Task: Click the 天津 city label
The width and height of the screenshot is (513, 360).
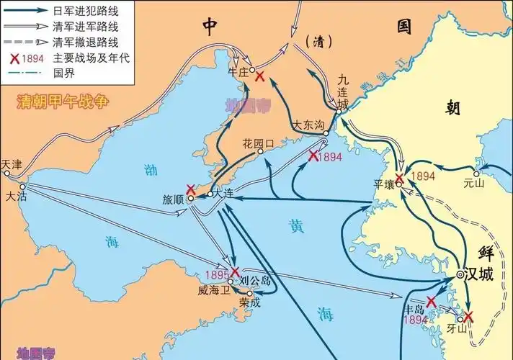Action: [12, 165]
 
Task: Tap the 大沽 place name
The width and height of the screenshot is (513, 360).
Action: [15, 195]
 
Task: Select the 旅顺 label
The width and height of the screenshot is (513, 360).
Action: [174, 199]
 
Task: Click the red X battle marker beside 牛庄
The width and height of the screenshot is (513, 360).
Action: [259, 76]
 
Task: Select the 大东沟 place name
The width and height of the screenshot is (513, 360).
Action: [308, 125]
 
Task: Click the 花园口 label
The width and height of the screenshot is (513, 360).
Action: [258, 143]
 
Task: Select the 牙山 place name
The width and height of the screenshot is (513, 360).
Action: [457, 328]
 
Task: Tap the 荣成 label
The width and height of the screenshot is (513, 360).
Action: [250, 303]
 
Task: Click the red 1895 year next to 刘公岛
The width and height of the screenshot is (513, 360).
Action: [216, 274]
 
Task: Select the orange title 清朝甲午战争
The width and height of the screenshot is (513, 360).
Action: [63, 102]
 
